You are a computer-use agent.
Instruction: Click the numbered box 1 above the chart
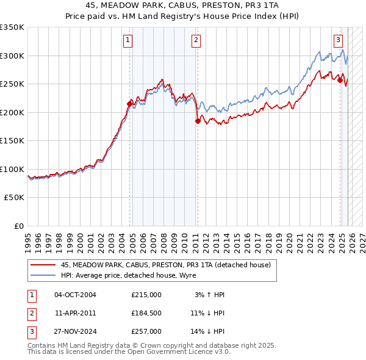point(128,41)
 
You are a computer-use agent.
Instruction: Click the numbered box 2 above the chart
point(196,41)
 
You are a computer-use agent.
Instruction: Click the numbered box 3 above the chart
point(338,41)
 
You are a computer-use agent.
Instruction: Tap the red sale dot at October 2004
point(129,104)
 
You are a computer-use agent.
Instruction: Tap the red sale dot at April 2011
point(198,121)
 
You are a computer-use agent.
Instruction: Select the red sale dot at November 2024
point(340,80)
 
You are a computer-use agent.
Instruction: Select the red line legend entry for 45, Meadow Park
point(152,264)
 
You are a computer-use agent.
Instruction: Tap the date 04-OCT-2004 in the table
point(75,295)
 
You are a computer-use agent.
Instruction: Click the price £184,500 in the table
point(146,313)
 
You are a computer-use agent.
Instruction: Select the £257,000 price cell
point(146,331)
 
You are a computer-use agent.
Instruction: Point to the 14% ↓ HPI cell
point(207,331)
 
